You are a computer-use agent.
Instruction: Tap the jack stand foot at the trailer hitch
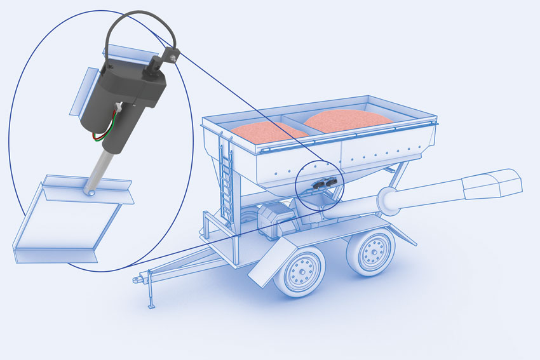tap(151, 306)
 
